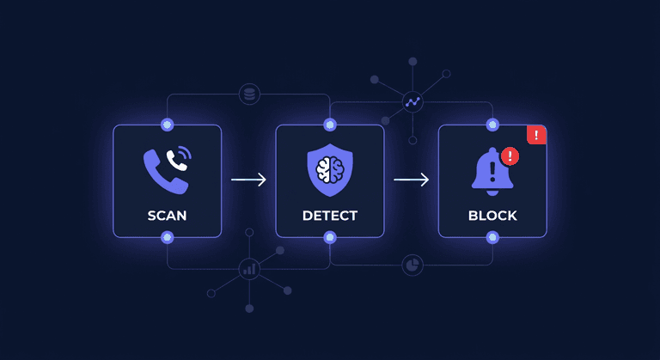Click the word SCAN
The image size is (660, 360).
[x=167, y=216]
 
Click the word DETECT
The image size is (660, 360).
[x=330, y=216]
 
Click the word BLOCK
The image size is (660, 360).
[x=492, y=216]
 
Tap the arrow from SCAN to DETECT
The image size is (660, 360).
[x=248, y=180]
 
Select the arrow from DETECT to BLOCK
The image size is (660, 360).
[x=412, y=180]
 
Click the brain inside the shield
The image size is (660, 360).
[x=330, y=169]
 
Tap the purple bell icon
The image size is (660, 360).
[x=492, y=172]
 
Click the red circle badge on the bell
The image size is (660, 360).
[x=510, y=156]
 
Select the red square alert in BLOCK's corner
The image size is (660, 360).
[x=536, y=135]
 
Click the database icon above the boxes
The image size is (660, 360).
[x=249, y=95]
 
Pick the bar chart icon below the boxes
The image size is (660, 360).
[x=249, y=269]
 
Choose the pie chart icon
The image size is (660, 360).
[x=412, y=265]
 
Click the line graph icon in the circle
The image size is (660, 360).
[x=412, y=102]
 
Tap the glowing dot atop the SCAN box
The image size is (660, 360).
[x=167, y=125]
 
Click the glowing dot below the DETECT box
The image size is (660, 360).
[x=330, y=237]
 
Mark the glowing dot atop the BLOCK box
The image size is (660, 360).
[x=492, y=125]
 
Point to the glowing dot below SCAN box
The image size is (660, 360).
[x=167, y=237]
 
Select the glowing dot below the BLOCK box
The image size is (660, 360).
[x=492, y=237]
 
